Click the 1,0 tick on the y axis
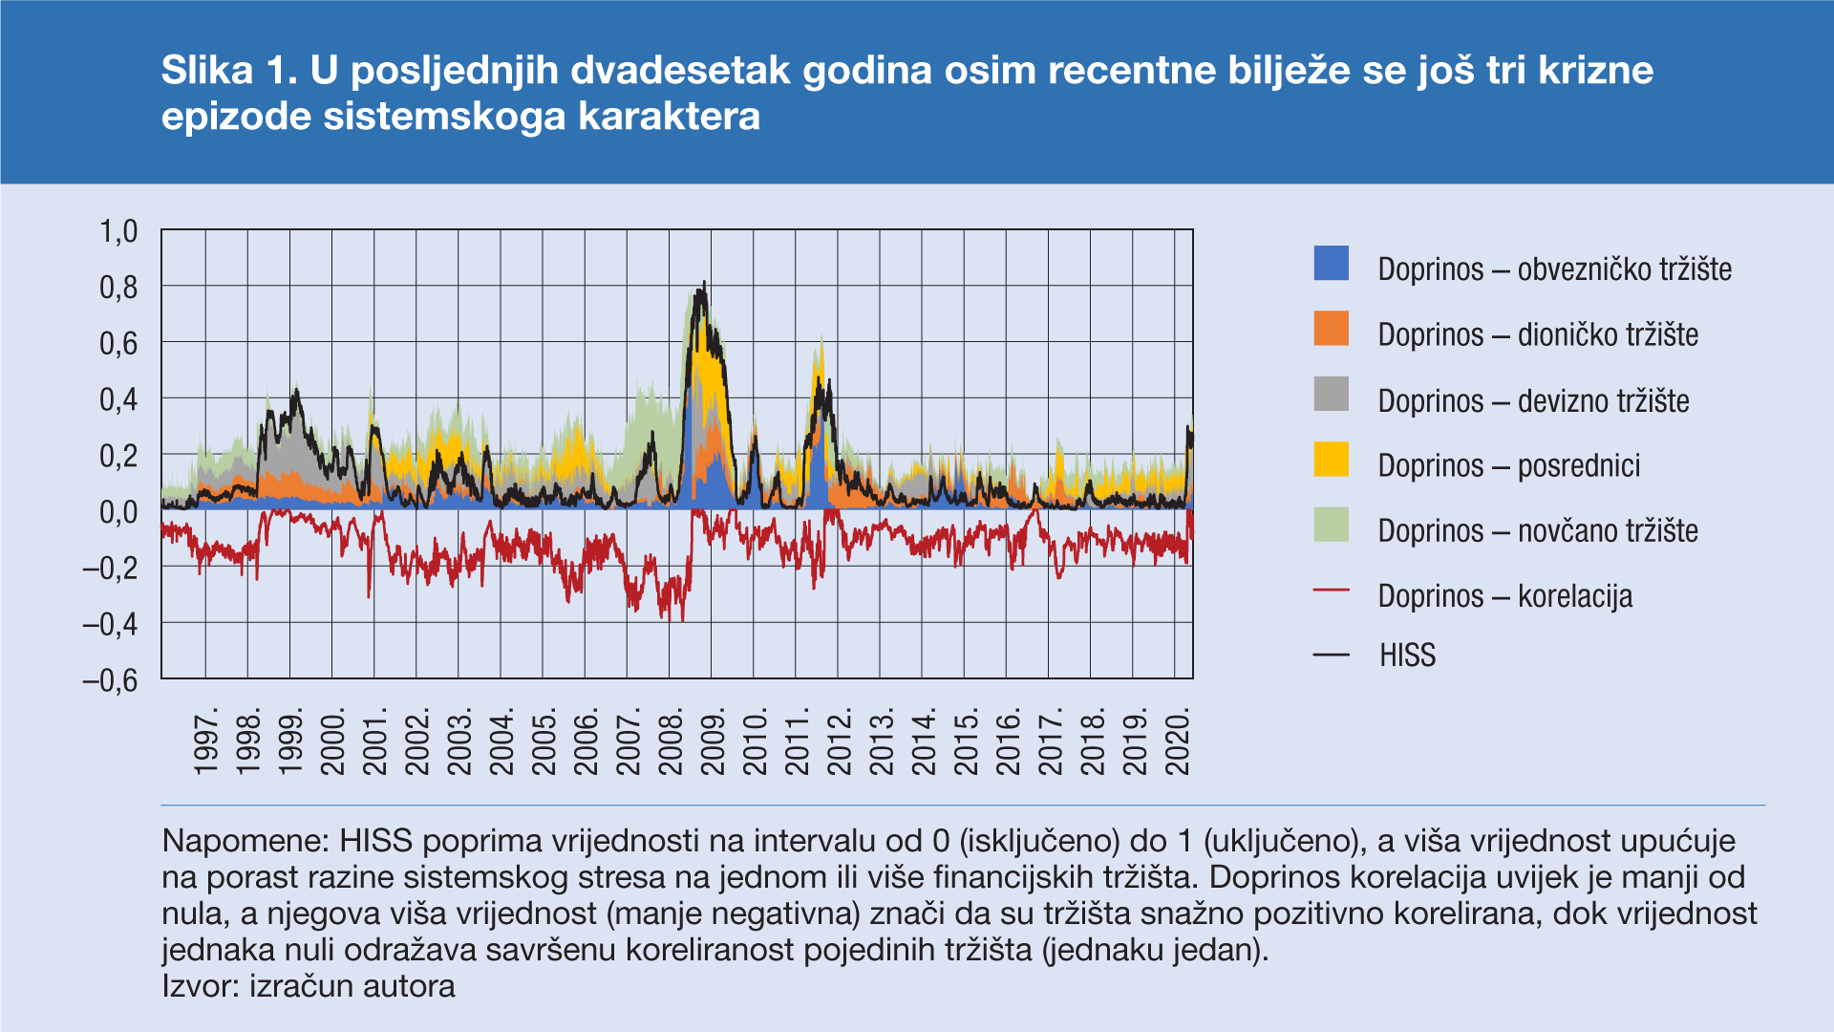(x=118, y=231)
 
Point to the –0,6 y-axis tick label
(x=111, y=680)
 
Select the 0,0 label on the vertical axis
(x=118, y=512)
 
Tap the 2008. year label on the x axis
(x=672, y=742)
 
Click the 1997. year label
(x=206, y=742)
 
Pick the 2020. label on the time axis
(x=1179, y=742)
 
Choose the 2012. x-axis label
(x=840, y=742)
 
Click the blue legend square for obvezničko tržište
(x=1331, y=264)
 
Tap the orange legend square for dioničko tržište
(x=1331, y=329)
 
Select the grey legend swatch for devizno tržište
(x=1331, y=394)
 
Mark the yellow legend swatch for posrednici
(x=1331, y=459)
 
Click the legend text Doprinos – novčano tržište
(x=1537, y=531)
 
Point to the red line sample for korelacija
(x=1331, y=591)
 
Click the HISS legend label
(x=1407, y=656)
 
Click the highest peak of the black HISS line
(x=704, y=283)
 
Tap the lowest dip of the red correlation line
(x=669, y=621)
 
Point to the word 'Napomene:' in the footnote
(x=245, y=841)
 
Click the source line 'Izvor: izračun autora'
(x=309, y=986)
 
